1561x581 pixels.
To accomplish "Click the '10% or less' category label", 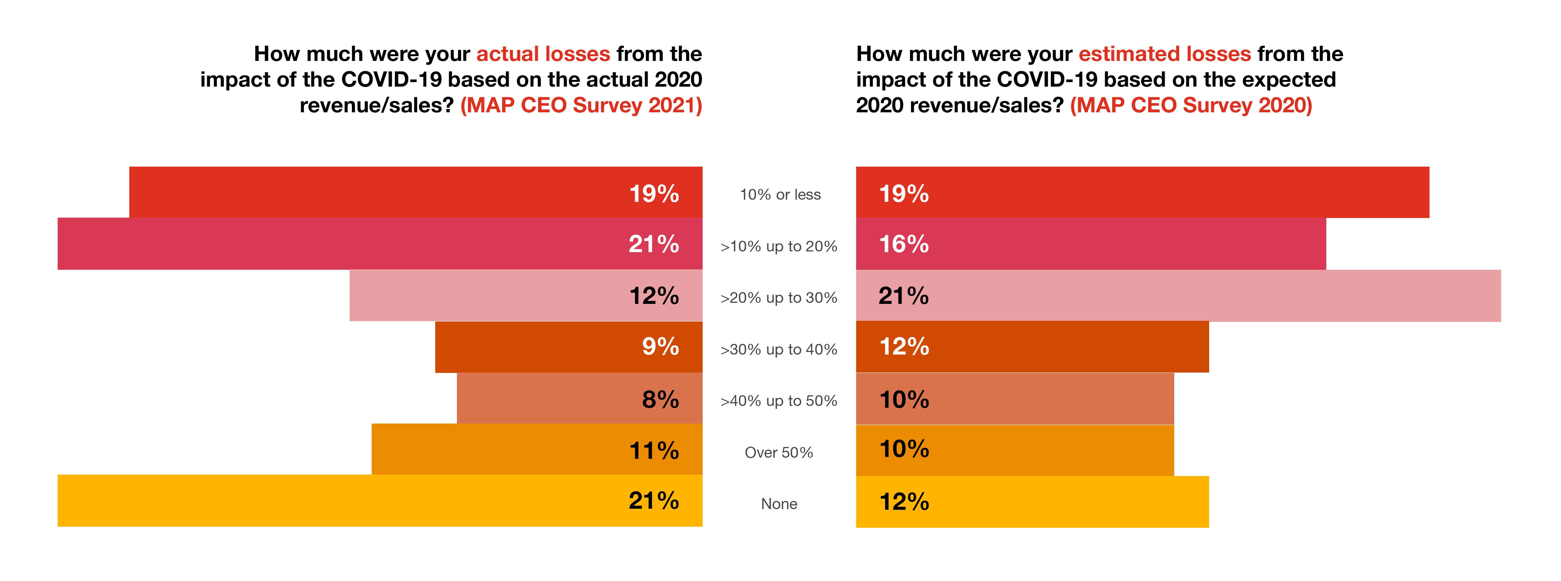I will tap(780, 195).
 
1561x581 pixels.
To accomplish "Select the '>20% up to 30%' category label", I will tap(779, 297).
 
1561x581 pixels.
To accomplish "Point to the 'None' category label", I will tap(779, 504).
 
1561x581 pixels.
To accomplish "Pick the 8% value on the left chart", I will tap(660, 399).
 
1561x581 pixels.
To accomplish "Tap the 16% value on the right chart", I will tap(904, 244).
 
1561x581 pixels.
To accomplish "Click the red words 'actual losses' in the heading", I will tap(543, 54).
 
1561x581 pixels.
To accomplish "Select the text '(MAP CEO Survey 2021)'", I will tap(581, 105).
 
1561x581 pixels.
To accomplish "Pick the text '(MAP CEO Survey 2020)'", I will tap(1191, 105).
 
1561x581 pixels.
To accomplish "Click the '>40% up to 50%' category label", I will tap(779, 400).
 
